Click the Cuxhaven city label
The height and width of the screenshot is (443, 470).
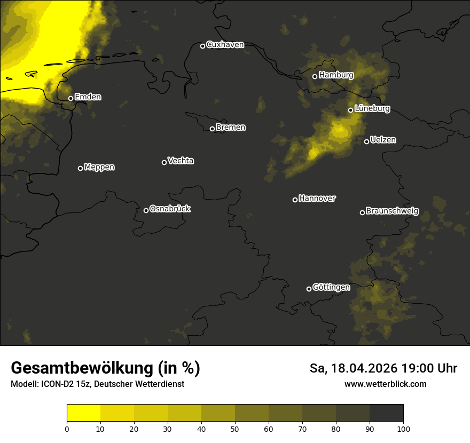pos(225,45)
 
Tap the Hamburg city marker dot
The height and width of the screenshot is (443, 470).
pos(315,76)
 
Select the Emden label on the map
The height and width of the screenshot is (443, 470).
pos(88,97)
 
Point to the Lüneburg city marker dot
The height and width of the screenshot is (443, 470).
pos(350,110)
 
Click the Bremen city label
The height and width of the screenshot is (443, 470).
pos(231,128)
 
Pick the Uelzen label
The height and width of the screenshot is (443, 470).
pos(383,140)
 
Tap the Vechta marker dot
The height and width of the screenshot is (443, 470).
pos(164,162)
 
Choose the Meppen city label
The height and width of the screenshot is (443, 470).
pos(99,167)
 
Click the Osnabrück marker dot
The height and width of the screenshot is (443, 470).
pos(146,210)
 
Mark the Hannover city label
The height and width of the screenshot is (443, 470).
pos(317,199)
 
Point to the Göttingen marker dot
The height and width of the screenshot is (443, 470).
pos(309,289)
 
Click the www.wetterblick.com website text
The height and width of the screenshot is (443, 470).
pos(385,384)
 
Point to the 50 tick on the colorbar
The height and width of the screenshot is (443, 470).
pos(235,429)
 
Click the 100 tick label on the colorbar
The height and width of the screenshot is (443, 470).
pos(403,429)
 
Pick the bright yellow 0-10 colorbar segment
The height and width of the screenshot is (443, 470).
pos(83,413)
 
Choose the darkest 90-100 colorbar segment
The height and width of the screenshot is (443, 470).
pos(386,413)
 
